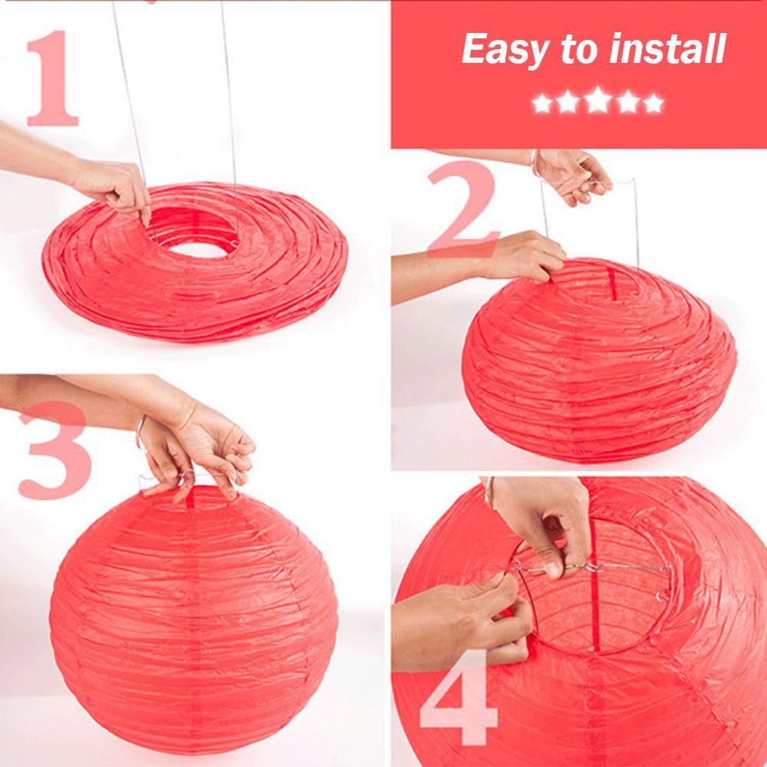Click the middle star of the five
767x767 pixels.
597,103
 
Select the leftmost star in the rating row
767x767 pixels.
542,103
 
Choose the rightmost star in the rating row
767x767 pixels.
653,103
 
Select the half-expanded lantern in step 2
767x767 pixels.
598,360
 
